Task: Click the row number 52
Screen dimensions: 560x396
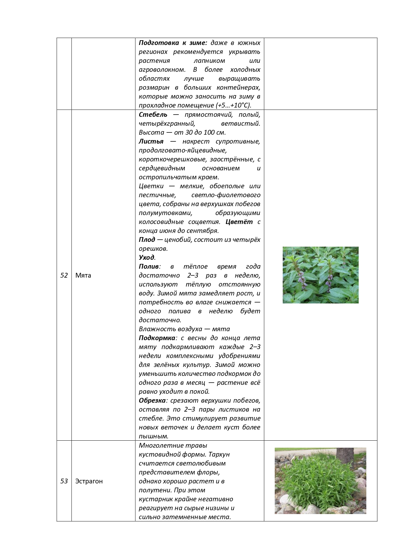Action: (64, 275)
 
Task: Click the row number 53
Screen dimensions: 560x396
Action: (64, 481)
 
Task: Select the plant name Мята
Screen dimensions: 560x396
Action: (83, 275)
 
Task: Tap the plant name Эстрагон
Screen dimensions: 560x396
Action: (89, 481)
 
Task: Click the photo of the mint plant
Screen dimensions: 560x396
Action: (320, 275)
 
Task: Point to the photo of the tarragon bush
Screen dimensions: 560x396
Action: (320, 481)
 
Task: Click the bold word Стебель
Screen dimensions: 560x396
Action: (153, 115)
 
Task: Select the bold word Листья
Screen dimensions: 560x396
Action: (151, 141)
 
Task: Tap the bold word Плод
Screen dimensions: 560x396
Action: (147, 240)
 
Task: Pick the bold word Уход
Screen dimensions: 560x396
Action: (146, 258)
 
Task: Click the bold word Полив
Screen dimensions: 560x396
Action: (149, 266)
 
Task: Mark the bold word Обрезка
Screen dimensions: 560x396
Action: (152, 400)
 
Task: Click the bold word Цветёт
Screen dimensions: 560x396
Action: (239, 222)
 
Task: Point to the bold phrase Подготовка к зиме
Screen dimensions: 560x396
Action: (173, 43)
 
